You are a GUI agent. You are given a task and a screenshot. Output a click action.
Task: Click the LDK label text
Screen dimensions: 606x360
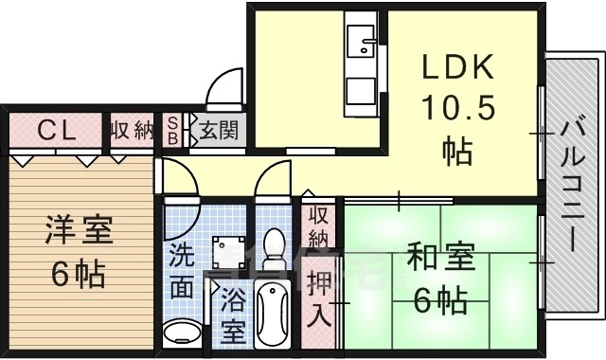458,67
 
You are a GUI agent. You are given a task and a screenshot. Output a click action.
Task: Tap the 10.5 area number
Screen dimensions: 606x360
458,107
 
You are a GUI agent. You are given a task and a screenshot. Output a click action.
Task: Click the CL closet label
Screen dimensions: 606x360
57,131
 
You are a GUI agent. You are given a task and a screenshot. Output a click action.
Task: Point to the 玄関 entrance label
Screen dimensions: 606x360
219,130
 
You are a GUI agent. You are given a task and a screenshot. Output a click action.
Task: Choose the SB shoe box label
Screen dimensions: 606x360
172,131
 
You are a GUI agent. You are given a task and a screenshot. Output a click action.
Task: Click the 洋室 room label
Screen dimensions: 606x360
80,229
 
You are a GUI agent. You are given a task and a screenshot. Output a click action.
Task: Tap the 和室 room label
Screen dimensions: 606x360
441,256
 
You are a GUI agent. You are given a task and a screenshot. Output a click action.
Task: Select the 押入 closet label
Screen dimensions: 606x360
319,297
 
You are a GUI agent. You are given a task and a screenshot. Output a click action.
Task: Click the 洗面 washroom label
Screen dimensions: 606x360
182,271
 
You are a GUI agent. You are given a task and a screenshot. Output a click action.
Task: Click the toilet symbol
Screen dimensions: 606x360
274,248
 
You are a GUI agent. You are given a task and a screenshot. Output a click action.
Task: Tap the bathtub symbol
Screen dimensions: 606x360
273,315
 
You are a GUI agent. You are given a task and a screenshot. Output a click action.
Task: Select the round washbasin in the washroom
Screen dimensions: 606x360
182,333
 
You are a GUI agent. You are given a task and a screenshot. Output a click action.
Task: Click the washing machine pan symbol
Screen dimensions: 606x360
229,253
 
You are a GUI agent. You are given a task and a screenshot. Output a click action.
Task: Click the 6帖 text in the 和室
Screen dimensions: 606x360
440,299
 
